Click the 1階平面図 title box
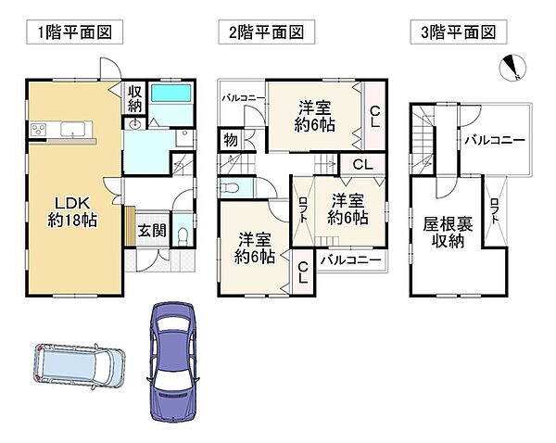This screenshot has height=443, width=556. click(x=74, y=32)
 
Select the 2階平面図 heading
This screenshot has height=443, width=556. click(x=266, y=32)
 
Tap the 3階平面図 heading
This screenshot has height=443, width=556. click(x=459, y=32)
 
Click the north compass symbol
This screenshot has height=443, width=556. click(x=512, y=68)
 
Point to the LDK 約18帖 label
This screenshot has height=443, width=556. click(x=72, y=211)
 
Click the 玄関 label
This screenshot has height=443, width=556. click(x=152, y=231)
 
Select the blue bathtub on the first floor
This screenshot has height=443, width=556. click(x=171, y=94)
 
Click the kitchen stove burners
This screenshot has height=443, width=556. click(x=38, y=129)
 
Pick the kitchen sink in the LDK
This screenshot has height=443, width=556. click(x=72, y=129)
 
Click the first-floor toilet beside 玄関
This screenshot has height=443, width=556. click(x=183, y=236)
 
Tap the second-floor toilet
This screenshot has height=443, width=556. click(x=230, y=188)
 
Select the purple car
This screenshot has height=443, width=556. click(x=174, y=361)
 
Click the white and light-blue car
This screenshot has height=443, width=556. click(x=80, y=365)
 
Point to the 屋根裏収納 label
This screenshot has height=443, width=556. click(x=448, y=233)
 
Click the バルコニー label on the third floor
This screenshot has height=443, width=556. click(x=495, y=141)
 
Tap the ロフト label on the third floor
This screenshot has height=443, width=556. click(x=494, y=210)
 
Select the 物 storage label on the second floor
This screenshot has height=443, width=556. click(x=231, y=140)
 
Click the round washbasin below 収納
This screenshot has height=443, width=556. click(x=134, y=124)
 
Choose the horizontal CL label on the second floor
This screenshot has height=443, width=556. click(x=362, y=164)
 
